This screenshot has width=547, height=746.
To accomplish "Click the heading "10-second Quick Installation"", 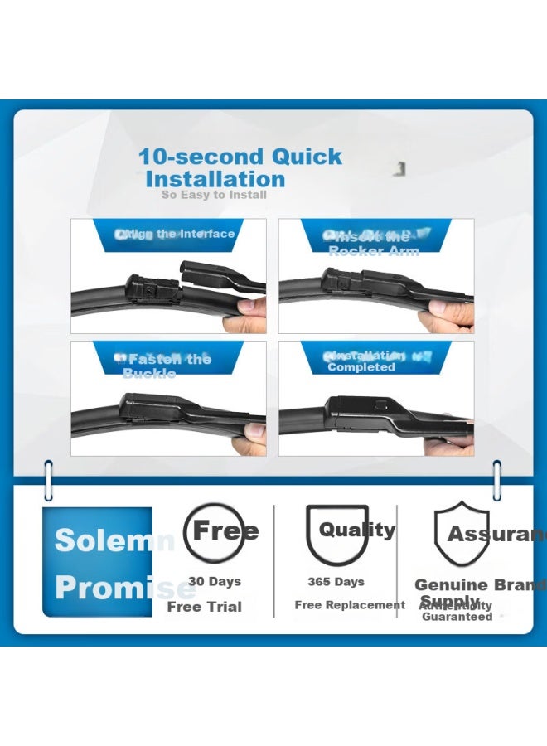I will pyautogui.click(x=239, y=167).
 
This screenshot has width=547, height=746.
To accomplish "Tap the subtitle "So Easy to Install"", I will pyautogui.click(x=214, y=195).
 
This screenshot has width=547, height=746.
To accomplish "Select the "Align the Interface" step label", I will pyautogui.click(x=175, y=234).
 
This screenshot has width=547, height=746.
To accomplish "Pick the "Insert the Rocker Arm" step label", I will pyautogui.click(x=373, y=244).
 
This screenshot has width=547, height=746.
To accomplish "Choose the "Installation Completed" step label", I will pyautogui.click(x=361, y=361).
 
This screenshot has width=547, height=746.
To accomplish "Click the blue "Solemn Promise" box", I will pyautogui.click(x=98, y=562).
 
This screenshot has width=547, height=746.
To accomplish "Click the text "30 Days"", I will pyautogui.click(x=214, y=581).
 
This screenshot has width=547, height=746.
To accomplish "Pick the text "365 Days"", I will pyautogui.click(x=336, y=581).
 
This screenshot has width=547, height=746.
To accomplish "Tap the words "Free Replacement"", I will pyautogui.click(x=350, y=605).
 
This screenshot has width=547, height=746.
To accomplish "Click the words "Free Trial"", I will pyautogui.click(x=204, y=607).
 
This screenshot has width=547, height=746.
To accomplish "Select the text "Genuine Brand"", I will pyautogui.click(x=479, y=585).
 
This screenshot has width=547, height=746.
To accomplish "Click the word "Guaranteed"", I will pyautogui.click(x=457, y=617).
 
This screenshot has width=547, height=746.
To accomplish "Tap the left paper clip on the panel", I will pyautogui.click(x=48, y=481).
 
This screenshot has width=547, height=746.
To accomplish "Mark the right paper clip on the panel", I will pyautogui.click(x=496, y=481).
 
